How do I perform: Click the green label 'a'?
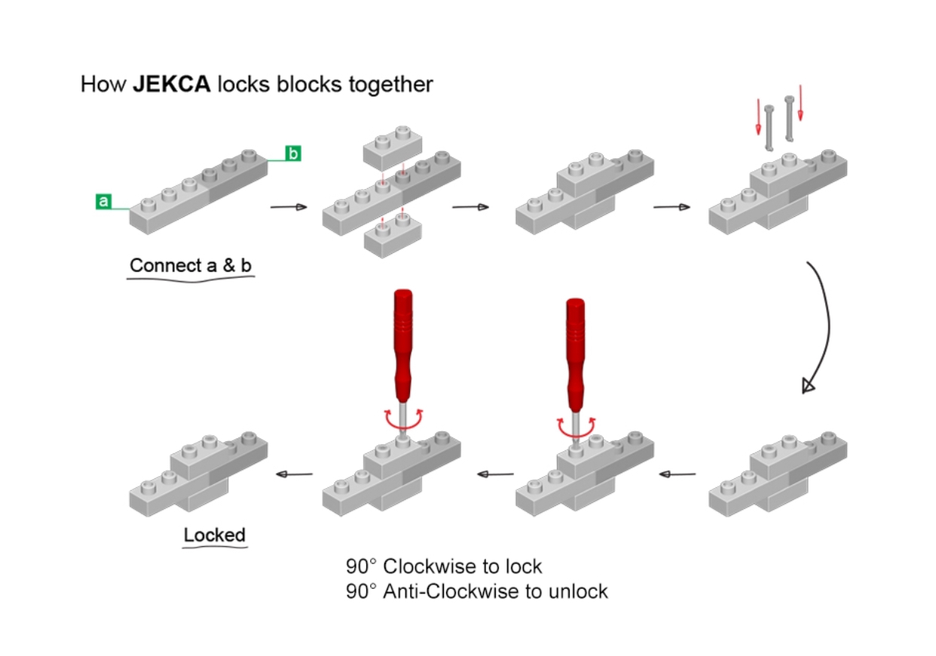104,201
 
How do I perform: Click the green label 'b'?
292,154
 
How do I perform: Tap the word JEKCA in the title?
173,84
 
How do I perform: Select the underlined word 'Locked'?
215,535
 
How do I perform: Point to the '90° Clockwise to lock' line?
444,566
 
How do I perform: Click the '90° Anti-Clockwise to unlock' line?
476,592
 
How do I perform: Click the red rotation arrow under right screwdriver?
577,426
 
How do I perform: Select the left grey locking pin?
769,127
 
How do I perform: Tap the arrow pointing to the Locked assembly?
295,474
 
